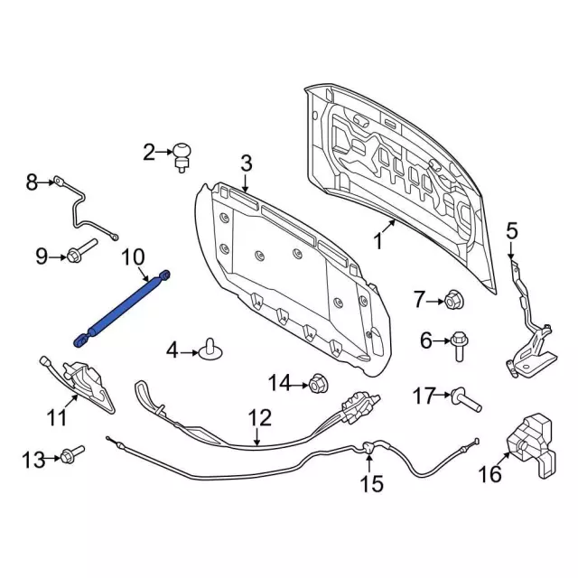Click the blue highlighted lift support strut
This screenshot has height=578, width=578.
(122, 305)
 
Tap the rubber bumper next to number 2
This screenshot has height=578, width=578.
(183, 154)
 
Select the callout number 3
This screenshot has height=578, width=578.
(245, 163)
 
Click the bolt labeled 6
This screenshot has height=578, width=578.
(457, 344)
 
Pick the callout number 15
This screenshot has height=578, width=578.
(372, 484)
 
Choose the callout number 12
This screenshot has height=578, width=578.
(259, 418)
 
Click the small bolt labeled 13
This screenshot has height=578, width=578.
(74, 452)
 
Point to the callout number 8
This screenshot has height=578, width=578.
(32, 183)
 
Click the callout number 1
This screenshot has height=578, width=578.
(378, 242)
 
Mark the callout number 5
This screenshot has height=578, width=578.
(511, 231)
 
